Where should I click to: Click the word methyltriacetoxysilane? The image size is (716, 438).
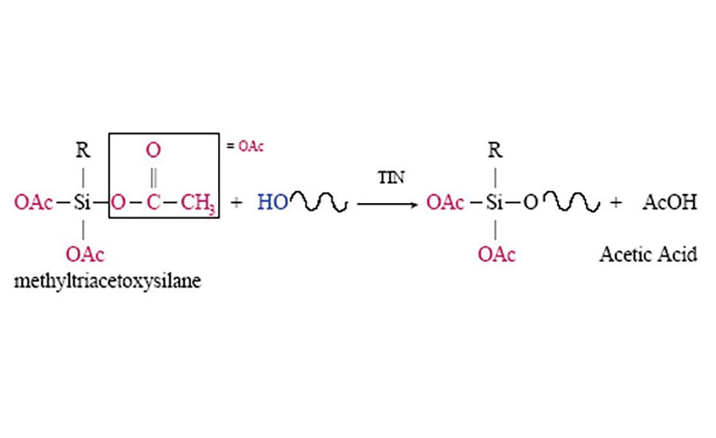pos(107,282)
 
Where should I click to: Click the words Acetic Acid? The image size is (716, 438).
pos(648,255)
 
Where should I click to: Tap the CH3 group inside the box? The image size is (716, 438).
pos(198,203)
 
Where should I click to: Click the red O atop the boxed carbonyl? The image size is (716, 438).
pos(154,149)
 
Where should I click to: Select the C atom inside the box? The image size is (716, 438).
pos(154,203)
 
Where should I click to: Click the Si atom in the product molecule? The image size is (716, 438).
pos(495,203)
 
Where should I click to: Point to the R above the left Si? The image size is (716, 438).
pos(83,151)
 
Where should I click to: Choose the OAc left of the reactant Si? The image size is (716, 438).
pos(33,203)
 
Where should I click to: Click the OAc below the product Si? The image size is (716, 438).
pos(496,255)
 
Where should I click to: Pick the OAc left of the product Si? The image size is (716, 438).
pos(446,203)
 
